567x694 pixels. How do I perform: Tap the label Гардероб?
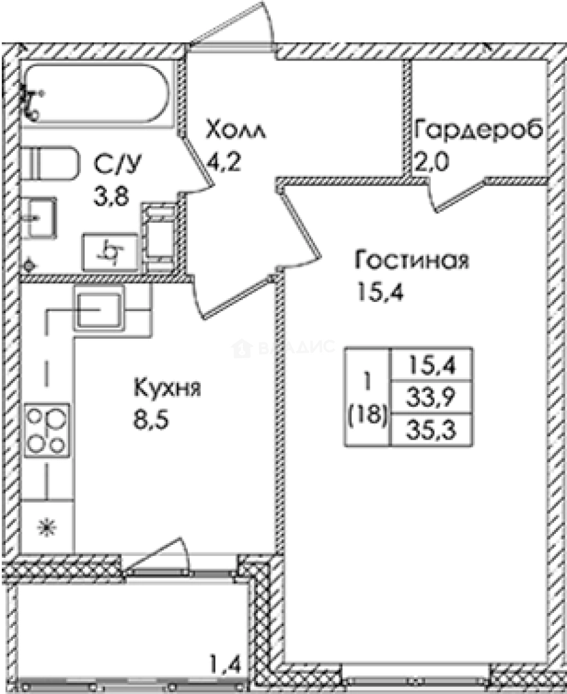[480, 129]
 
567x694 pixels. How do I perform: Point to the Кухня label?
[168, 389]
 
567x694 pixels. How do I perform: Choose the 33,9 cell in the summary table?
[431, 398]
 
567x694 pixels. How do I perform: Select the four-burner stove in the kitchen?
[47, 431]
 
